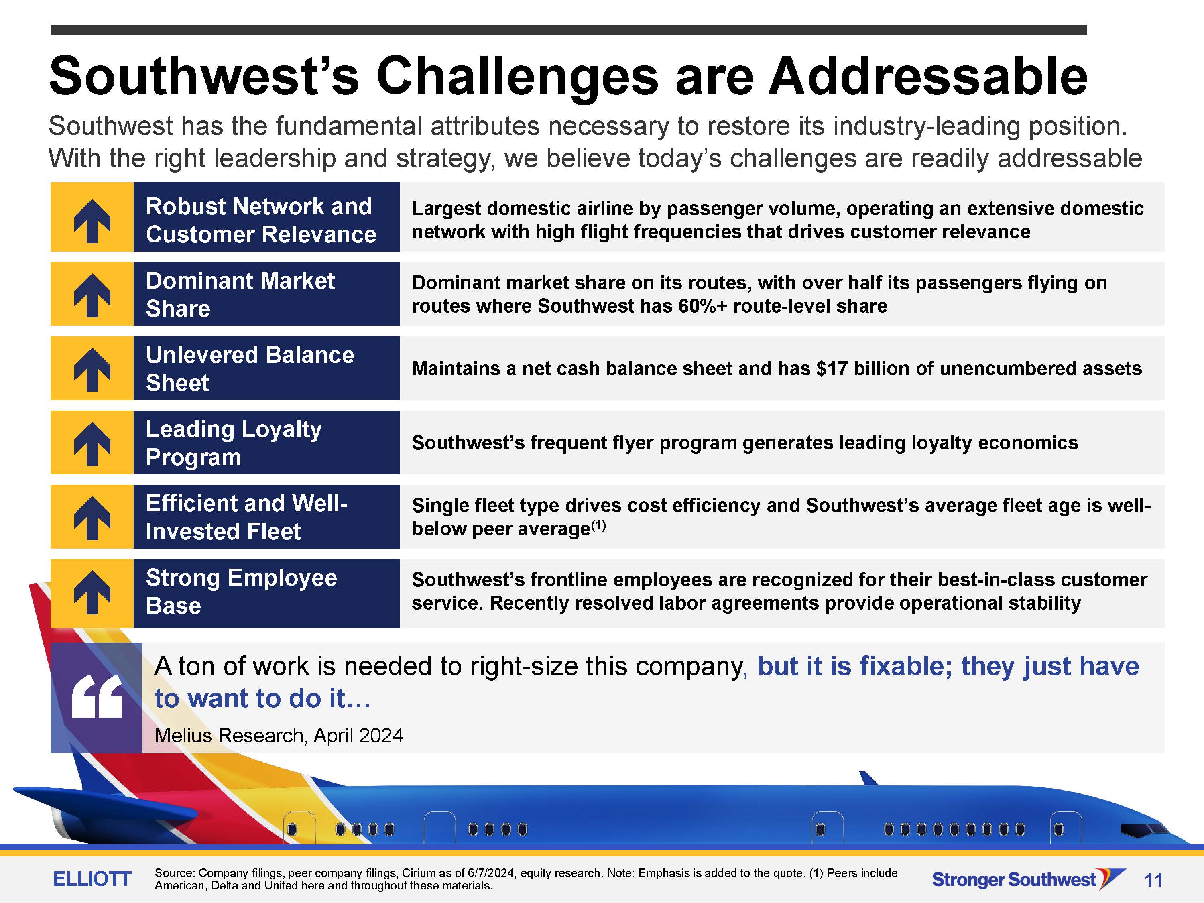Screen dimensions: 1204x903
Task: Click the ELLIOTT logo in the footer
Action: [x=92, y=879]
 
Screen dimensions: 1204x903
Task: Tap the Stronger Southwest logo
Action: [x=1029, y=879]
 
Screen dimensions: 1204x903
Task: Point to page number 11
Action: [x=1153, y=880]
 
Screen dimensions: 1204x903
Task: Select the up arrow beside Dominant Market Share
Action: [x=92, y=295]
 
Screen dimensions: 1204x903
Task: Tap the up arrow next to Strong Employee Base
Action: [x=92, y=592]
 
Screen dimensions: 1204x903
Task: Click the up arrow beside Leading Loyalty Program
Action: [x=92, y=443]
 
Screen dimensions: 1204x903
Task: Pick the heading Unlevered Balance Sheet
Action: [x=250, y=368]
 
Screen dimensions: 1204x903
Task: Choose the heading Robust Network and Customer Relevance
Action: [x=261, y=220]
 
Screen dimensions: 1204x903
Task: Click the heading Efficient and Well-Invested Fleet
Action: [x=246, y=517]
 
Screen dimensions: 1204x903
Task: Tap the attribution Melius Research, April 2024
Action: [x=279, y=735]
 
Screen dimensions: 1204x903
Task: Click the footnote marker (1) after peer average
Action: [x=598, y=525]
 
